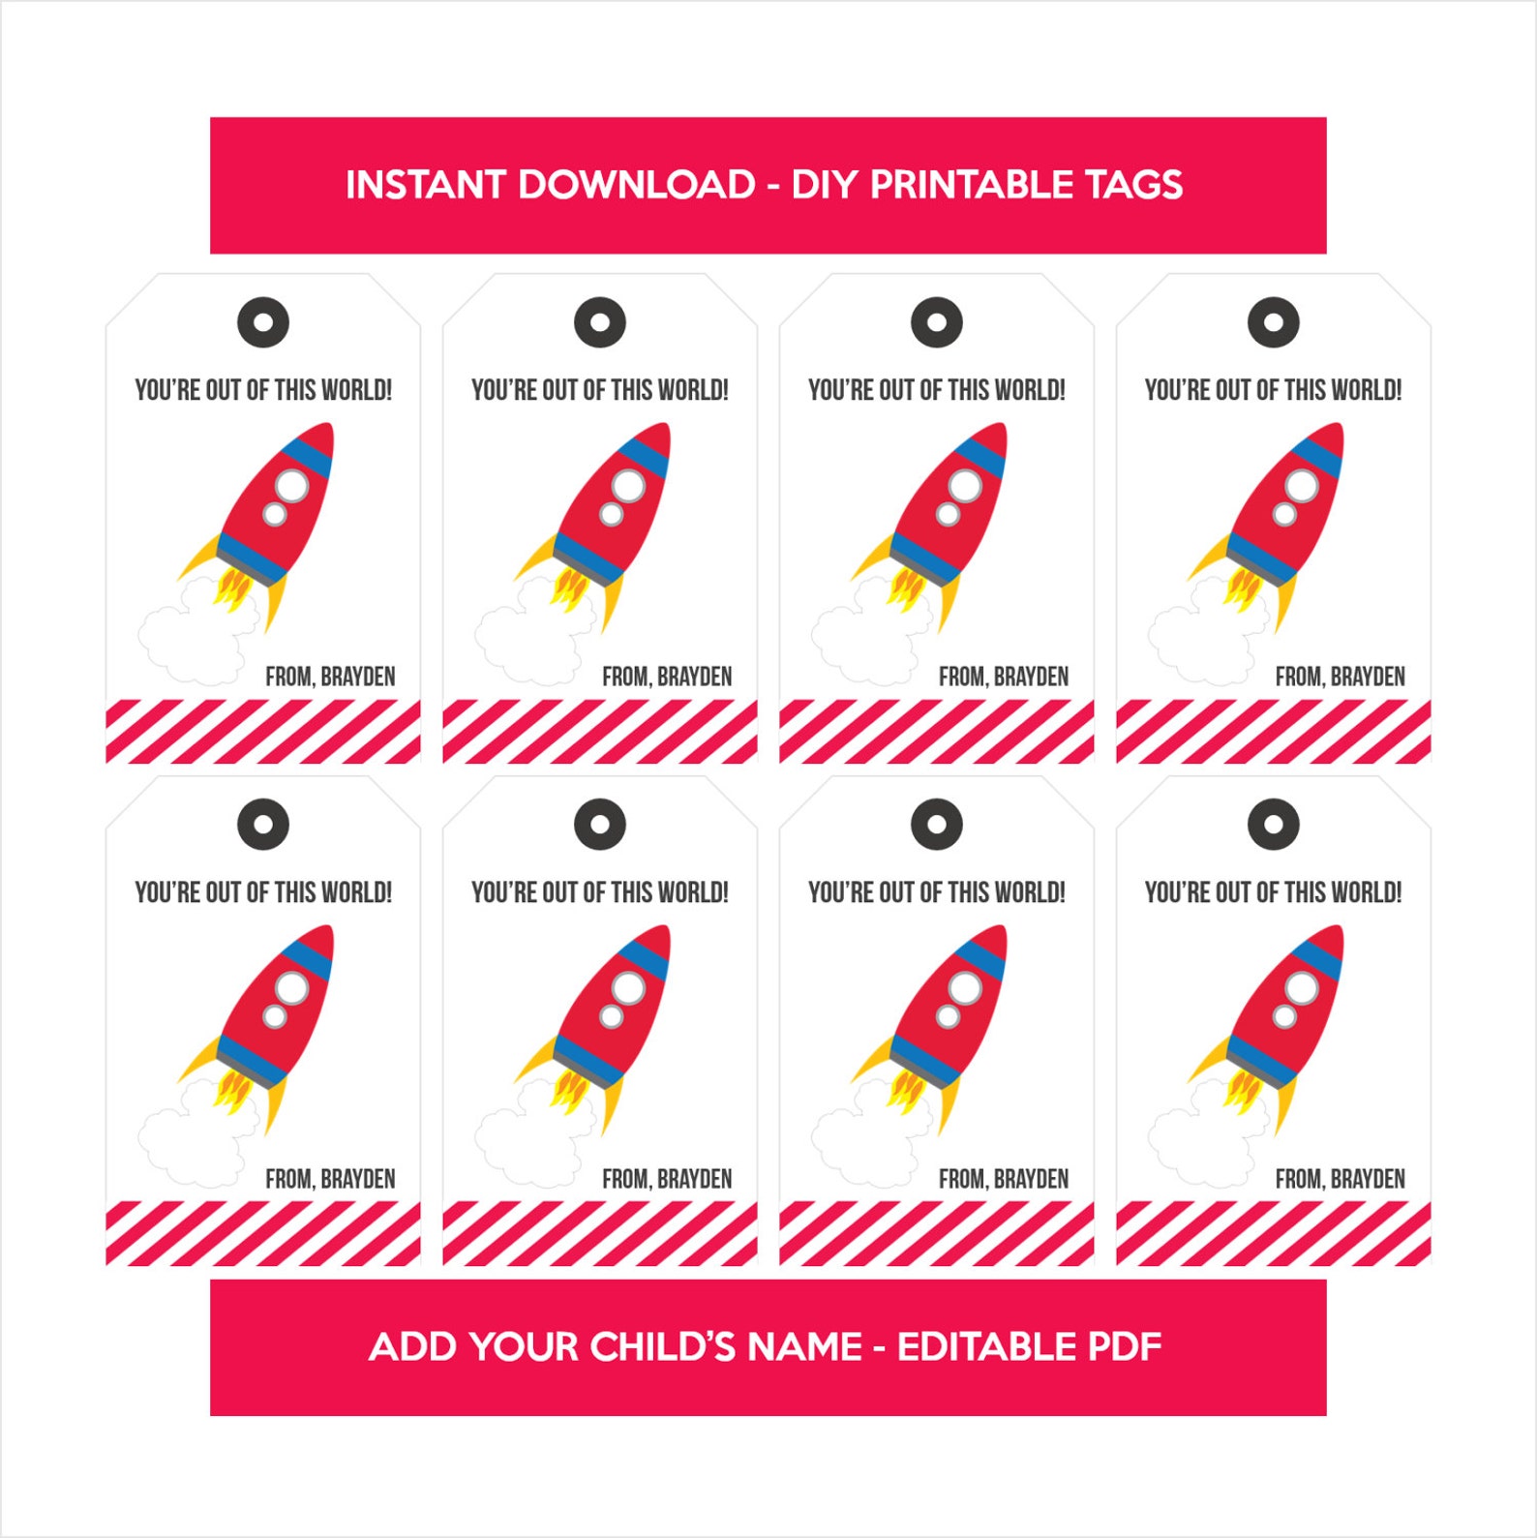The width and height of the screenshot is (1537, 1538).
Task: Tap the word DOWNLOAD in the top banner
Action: [637, 185]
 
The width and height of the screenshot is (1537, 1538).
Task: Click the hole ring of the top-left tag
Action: [263, 322]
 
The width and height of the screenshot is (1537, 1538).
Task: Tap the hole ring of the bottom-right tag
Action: [1273, 825]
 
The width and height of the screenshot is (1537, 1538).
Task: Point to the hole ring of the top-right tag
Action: [1273, 322]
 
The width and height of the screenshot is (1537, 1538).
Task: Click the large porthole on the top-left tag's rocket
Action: [291, 485]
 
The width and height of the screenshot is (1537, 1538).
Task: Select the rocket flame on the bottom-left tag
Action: [232, 1092]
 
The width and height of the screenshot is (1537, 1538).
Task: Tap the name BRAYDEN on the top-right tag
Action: [1368, 677]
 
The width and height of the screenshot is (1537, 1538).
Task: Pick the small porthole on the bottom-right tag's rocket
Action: [1284, 1016]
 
